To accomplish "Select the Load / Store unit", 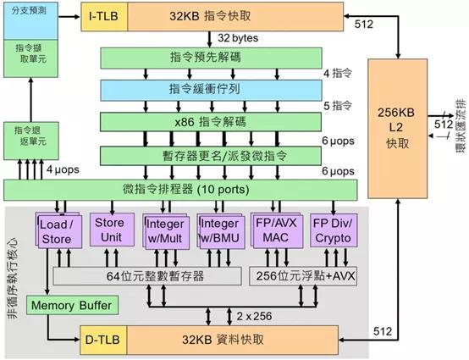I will (58, 230).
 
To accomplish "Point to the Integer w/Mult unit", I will (165, 230).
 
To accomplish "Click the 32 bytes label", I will (238, 38).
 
